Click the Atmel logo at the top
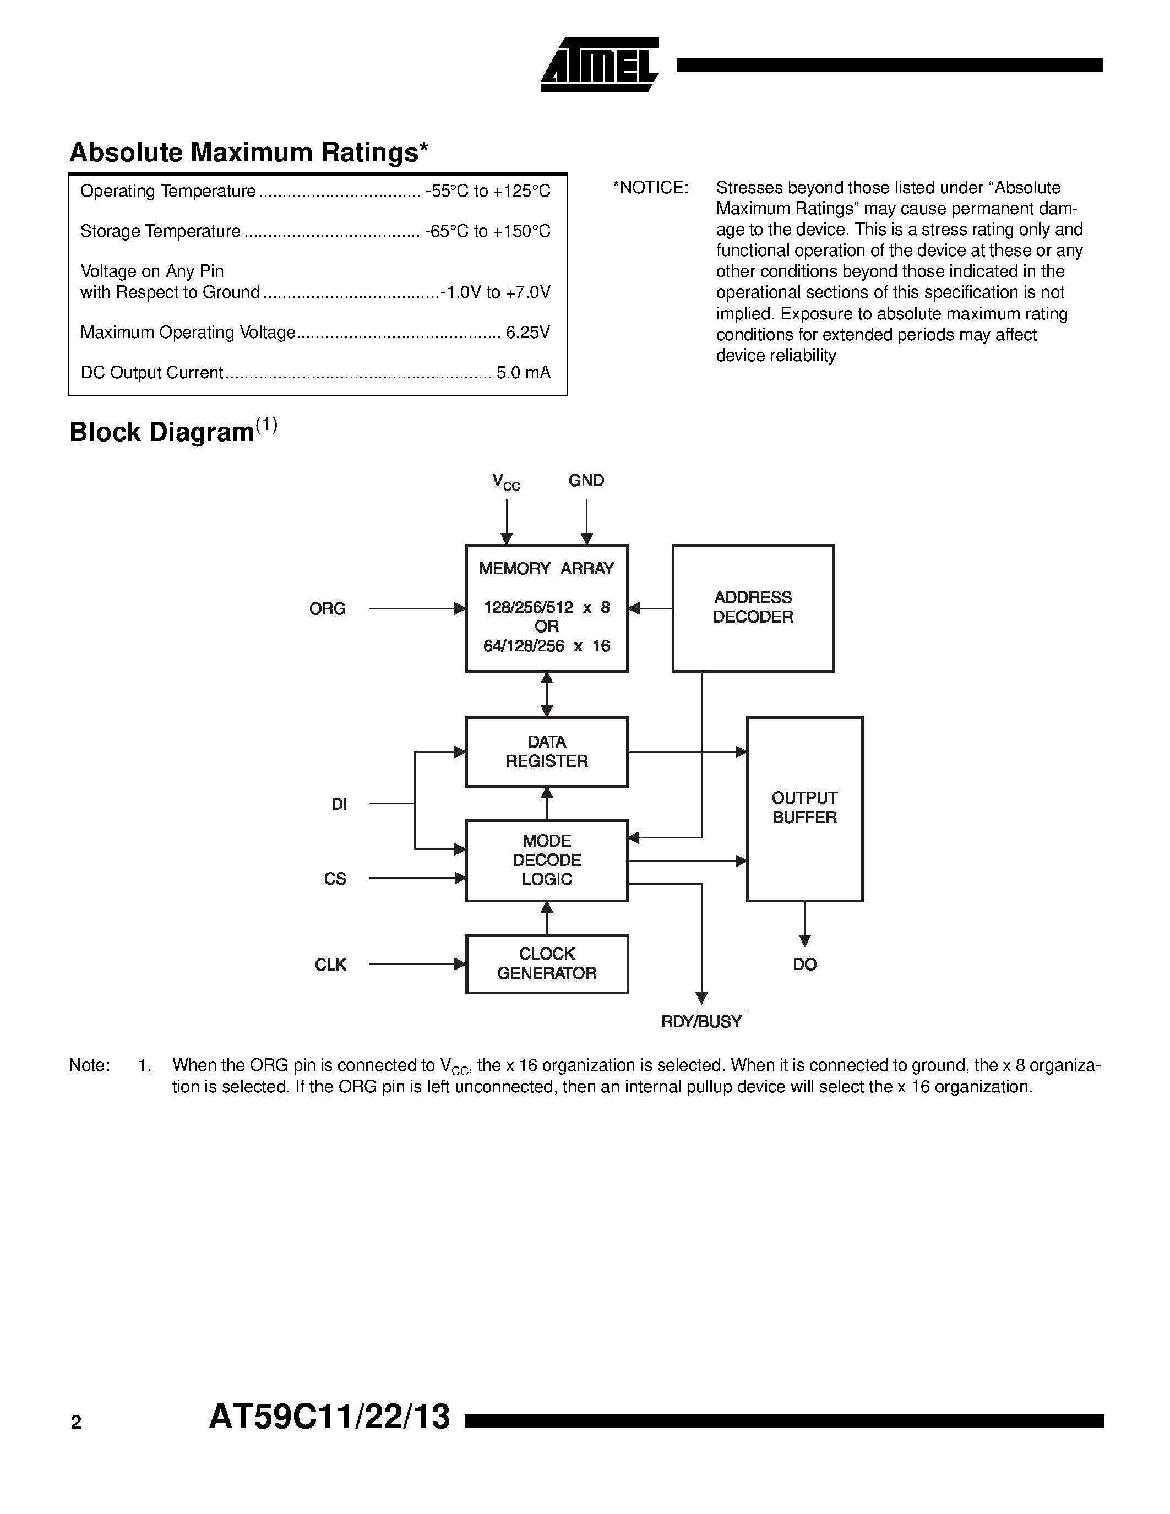pos(599,65)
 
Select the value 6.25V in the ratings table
pos(527,333)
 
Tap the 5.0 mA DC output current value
pos(523,373)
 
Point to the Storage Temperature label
pos(160,232)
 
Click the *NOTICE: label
pos(650,188)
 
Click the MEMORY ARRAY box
pos(546,608)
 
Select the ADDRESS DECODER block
pos(753,608)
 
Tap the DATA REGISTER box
pos(546,751)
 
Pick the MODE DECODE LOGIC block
pos(546,861)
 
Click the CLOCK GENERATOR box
pos(546,963)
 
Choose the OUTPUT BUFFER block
pos(804,808)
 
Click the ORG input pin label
pos(327,609)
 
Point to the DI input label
pos(339,804)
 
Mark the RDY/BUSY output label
pos(701,1022)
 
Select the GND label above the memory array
pos(586,481)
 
